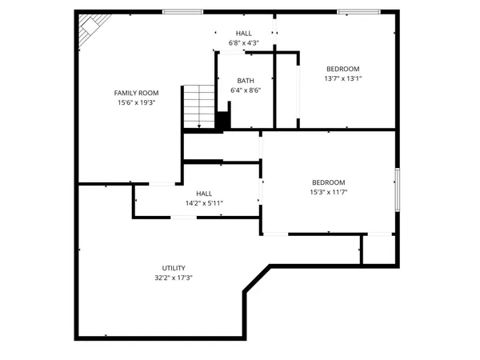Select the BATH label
coord(246,81)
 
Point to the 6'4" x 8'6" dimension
coord(246,90)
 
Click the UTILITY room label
coord(174,268)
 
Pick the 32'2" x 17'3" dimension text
coord(174,278)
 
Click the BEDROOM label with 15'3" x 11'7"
coord(328,182)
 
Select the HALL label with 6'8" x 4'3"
coord(243,33)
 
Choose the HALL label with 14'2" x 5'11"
coord(204,194)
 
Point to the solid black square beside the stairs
coord(223,120)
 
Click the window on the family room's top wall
coord(182,11)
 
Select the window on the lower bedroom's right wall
coord(397,190)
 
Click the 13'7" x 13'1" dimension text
coord(343,78)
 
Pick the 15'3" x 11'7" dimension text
coord(328,192)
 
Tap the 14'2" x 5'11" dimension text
coord(204,203)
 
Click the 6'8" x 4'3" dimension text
coord(243,42)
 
